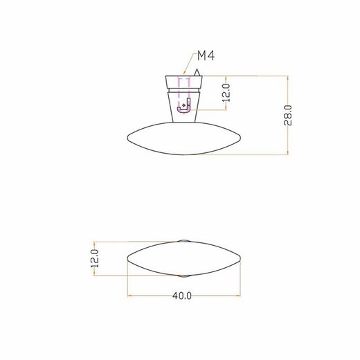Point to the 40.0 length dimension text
click(182, 295)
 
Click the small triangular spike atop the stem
click(197, 73)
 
